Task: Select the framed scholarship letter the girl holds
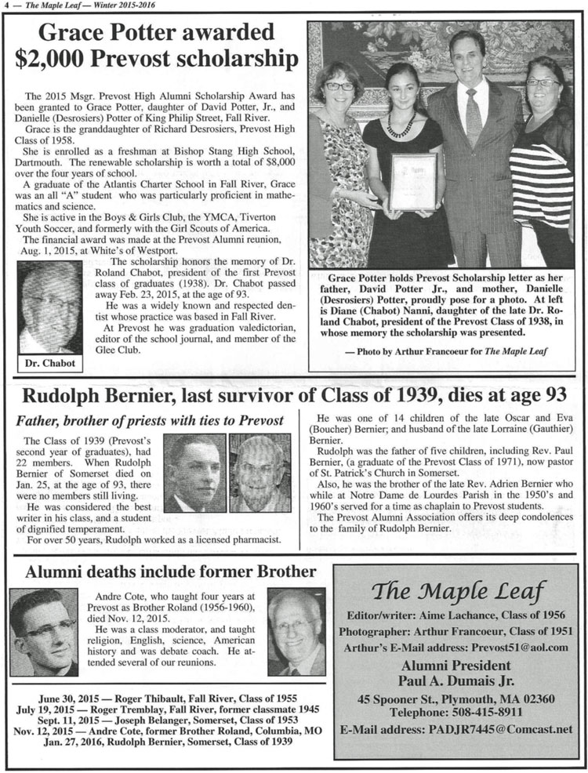coord(412,182)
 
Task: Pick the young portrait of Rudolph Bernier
coord(194,474)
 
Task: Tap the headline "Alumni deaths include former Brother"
coord(171,572)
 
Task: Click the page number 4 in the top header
coord(5,6)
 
